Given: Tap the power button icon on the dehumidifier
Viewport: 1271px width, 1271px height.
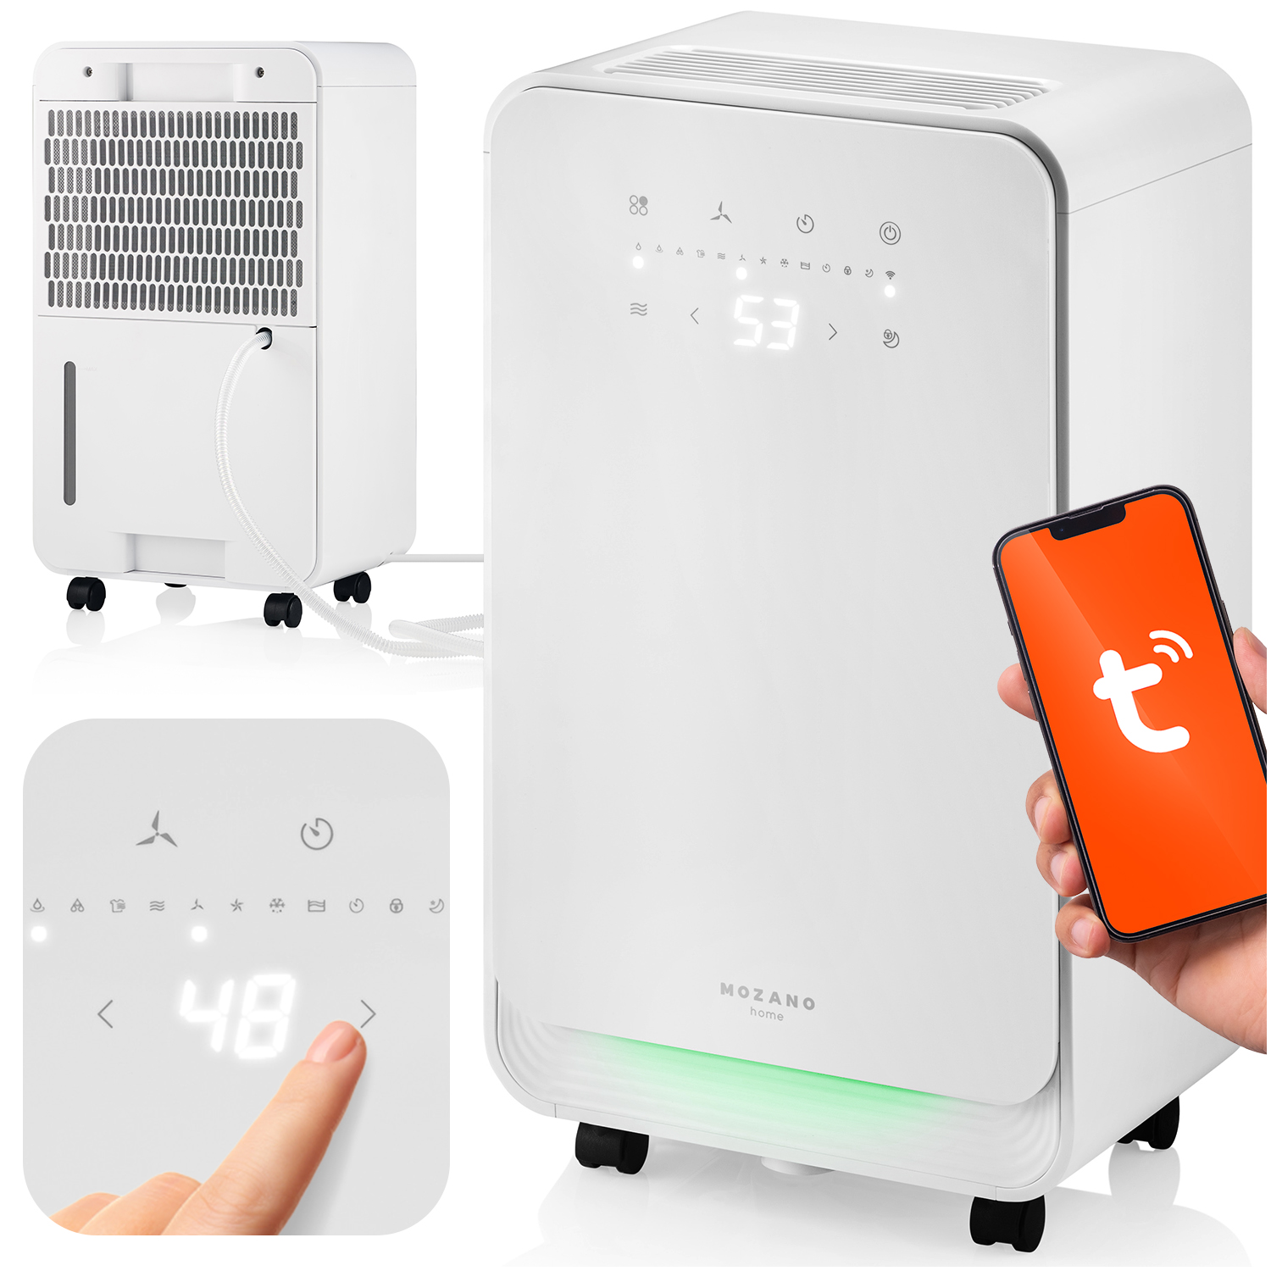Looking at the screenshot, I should pyautogui.click(x=890, y=233).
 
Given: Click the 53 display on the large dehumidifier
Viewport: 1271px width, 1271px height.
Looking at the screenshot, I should pyautogui.click(x=765, y=323).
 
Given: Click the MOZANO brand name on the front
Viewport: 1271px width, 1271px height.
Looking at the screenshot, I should pyautogui.click(x=767, y=998).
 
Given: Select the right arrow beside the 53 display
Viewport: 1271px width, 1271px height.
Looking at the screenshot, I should pyautogui.click(x=832, y=332).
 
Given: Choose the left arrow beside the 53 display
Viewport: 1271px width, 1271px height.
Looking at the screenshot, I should pyautogui.click(x=695, y=316).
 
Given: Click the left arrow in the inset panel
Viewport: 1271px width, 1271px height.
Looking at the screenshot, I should pyautogui.click(x=106, y=1013).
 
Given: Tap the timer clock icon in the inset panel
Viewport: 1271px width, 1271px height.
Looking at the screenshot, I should pyautogui.click(x=317, y=834).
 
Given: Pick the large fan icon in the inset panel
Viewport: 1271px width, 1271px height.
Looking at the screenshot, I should pyautogui.click(x=157, y=830).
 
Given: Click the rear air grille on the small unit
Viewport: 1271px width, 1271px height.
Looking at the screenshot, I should pyautogui.click(x=174, y=208).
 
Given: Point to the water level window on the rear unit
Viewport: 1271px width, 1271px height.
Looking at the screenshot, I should pyautogui.click(x=69, y=433).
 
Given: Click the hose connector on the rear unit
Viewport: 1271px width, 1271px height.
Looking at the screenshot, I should pyautogui.click(x=264, y=337).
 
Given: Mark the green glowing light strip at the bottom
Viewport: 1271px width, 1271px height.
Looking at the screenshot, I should pyautogui.click(x=763, y=1072).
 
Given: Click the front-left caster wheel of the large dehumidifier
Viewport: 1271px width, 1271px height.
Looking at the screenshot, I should pyautogui.click(x=612, y=1148).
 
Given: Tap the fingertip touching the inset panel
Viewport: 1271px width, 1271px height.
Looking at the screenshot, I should pyautogui.click(x=339, y=1042).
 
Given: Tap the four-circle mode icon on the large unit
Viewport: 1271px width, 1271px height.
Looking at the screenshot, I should pyautogui.click(x=638, y=205).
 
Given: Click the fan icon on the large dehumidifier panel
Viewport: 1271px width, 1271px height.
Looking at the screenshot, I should pyautogui.click(x=721, y=213).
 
